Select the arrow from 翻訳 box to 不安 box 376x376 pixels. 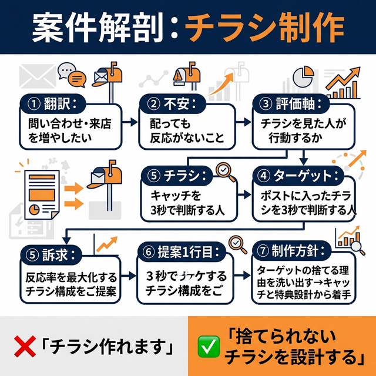click(130, 124)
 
